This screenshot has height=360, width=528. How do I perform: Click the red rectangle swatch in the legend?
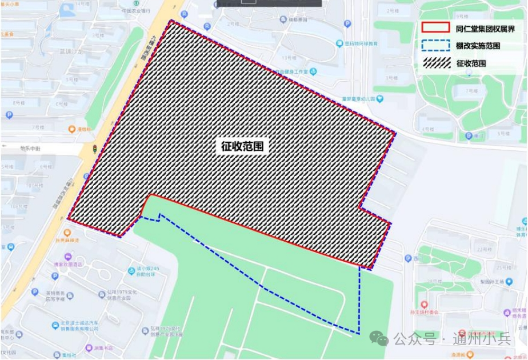(435, 28)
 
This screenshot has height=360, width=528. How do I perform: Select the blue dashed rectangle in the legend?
(435, 45)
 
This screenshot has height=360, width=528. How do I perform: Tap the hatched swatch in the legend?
(435, 63)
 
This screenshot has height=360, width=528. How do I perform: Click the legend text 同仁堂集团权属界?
(482, 28)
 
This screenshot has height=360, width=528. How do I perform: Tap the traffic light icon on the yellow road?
(94, 150)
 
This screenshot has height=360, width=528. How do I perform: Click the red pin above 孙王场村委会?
(424, 304)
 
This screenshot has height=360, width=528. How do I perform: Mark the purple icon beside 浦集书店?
(88, 347)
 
